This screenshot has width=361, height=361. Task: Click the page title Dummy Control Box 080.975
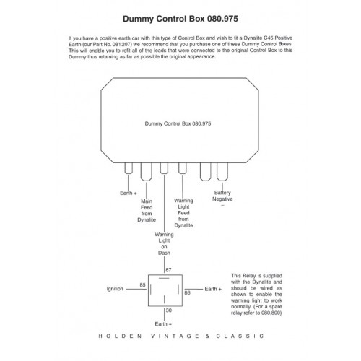pos(180,19)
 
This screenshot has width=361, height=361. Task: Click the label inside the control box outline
pos(178,123)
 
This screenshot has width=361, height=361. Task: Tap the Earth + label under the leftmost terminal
pos(129,193)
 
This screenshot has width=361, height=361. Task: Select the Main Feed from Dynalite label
pos(147,211)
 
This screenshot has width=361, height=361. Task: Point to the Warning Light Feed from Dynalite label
pos(183,213)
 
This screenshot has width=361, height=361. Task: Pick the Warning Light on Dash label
pos(164,243)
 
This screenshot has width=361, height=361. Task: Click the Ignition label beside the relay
pos(115,289)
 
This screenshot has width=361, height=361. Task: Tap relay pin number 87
pos(168,270)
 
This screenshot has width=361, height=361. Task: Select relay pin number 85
pos(142,285)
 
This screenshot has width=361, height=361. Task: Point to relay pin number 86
pos(187,293)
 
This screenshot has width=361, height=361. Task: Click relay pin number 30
pos(169,310)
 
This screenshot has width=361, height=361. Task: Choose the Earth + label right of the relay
pos(213,289)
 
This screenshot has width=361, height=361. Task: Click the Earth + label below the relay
pos(163,324)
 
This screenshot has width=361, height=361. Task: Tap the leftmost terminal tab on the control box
pos(129,168)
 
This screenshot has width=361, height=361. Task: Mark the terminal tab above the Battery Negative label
pos(222,172)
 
